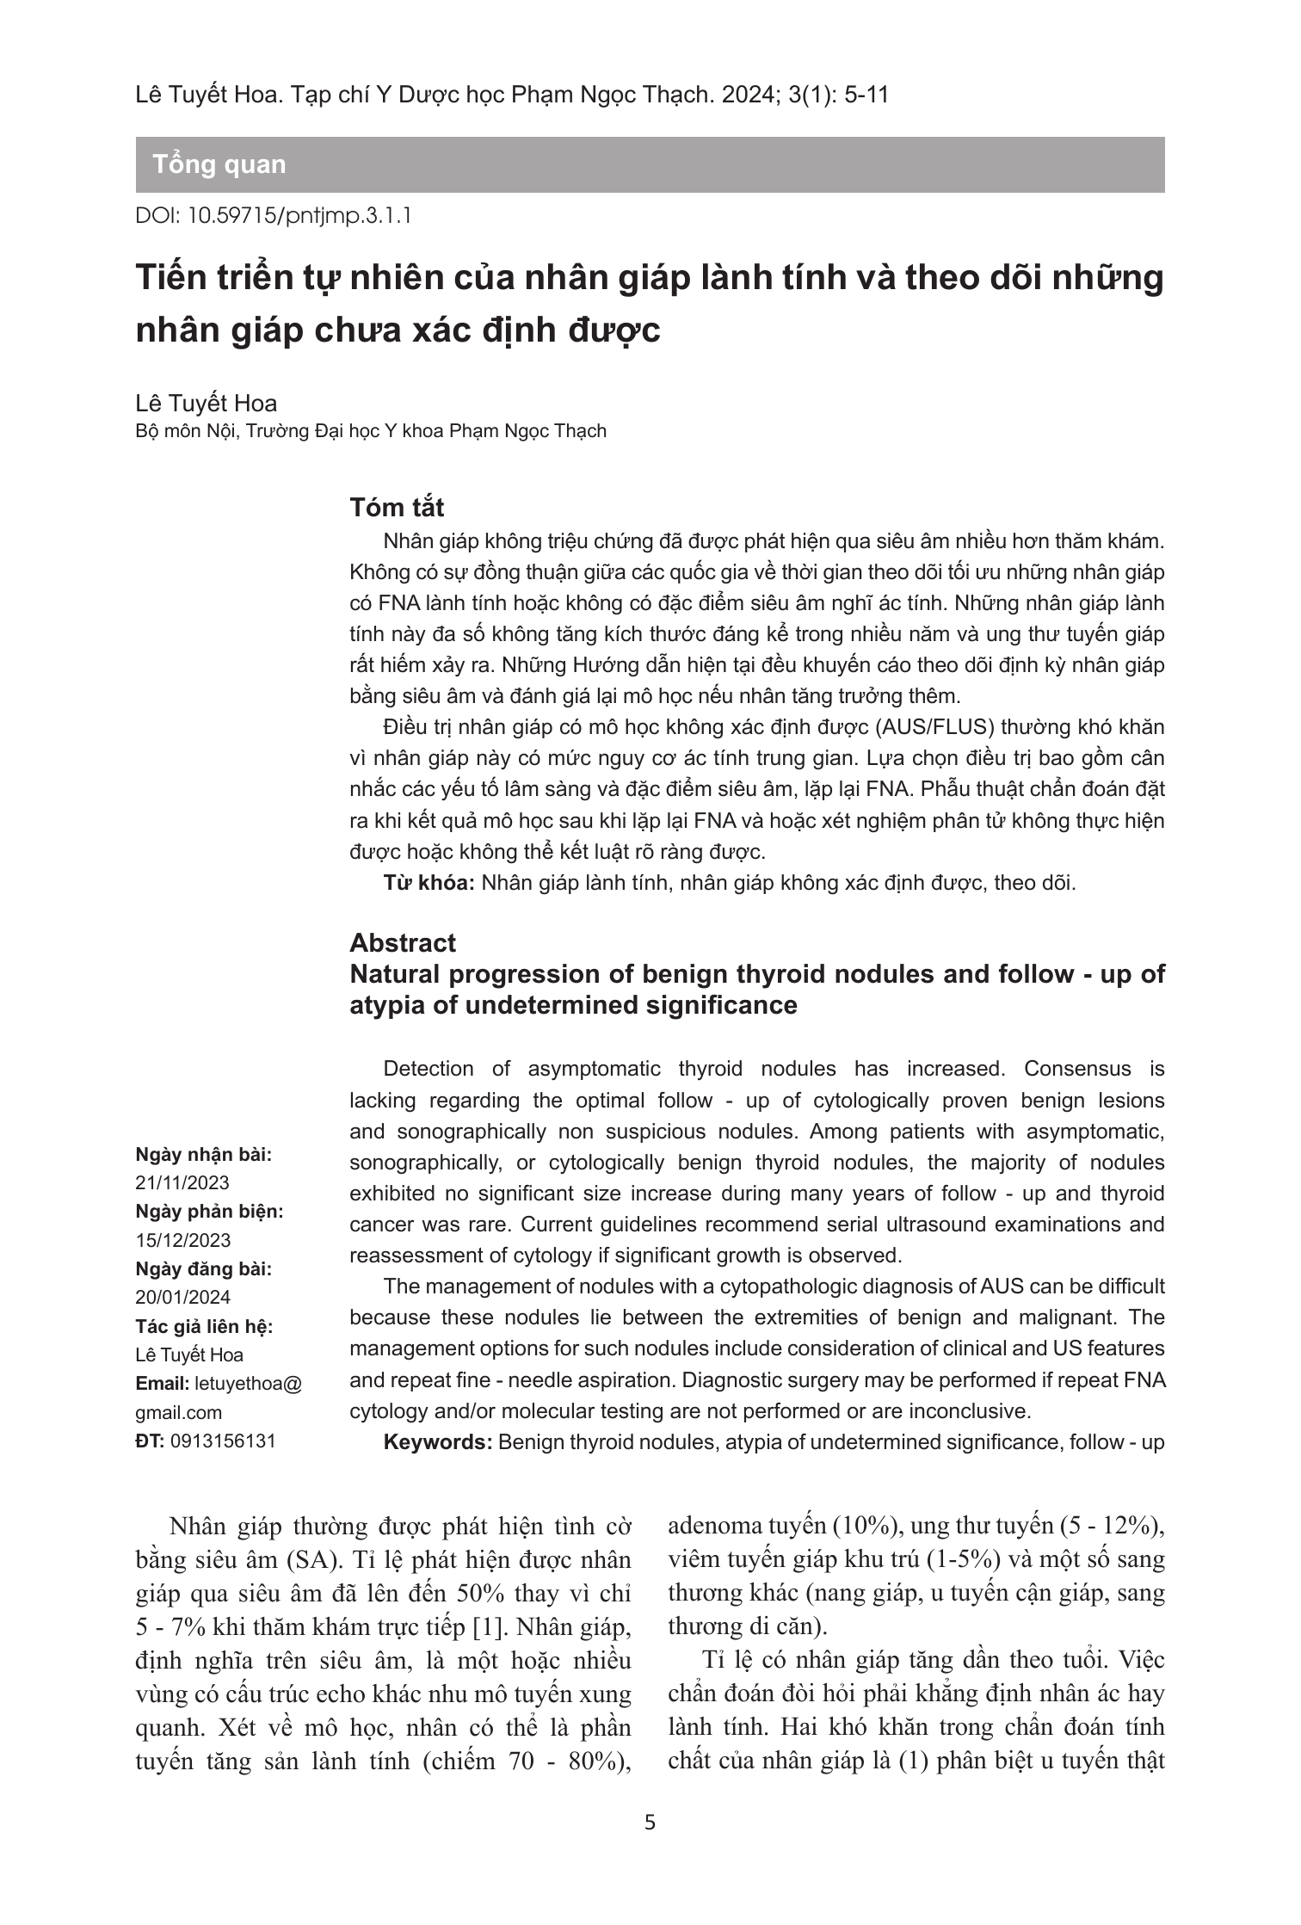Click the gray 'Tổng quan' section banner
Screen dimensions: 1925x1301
click(650, 164)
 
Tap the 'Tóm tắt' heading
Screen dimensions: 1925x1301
click(397, 508)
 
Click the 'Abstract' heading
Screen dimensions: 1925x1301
click(402, 942)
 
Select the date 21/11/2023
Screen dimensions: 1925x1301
click(182, 1182)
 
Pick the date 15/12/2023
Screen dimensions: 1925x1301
click(182, 1240)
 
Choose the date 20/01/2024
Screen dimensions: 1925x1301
click(182, 1297)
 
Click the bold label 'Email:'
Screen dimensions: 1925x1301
click(163, 1384)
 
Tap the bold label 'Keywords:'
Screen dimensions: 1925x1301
click(437, 1442)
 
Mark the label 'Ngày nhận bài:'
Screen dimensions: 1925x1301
click(203, 1155)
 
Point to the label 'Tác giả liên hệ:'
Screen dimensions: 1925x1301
click(204, 1326)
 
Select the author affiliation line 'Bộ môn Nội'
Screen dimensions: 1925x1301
click(371, 431)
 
